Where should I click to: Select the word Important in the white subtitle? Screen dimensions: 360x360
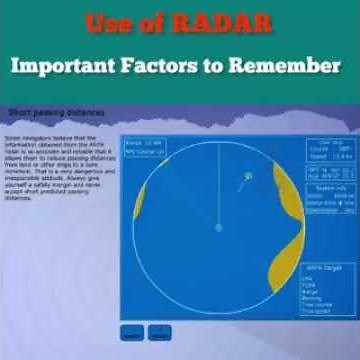pos(71,66)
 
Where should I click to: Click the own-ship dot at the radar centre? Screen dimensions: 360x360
pos(218,227)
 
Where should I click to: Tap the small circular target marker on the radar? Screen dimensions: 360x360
pos(248,177)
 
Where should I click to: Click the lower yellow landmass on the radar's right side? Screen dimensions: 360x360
pos(284,265)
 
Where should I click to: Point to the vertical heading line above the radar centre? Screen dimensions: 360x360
pos(218,190)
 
